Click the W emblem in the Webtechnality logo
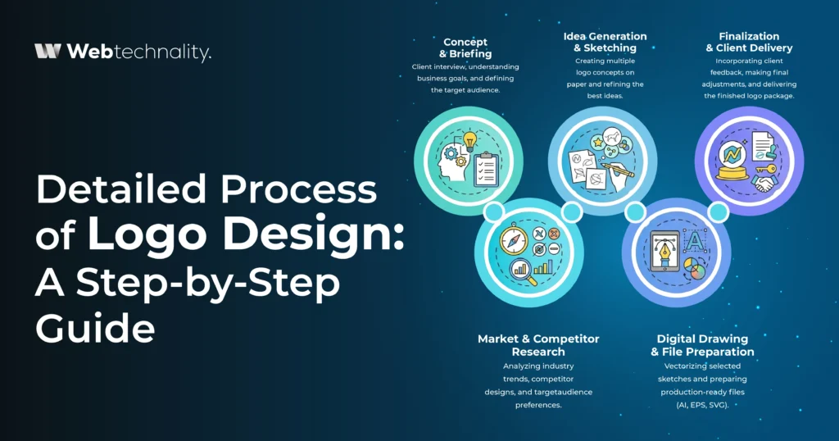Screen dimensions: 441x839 pyautogui.click(x=48, y=52)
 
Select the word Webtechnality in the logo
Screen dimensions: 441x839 pyautogui.click(x=138, y=52)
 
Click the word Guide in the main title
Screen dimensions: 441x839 pyautogui.click(x=95, y=328)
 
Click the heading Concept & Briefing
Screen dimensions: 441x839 pyautogui.click(x=465, y=48)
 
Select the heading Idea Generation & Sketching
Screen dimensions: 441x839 pyautogui.click(x=605, y=42)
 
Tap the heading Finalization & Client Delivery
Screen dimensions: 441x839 pyautogui.click(x=749, y=42)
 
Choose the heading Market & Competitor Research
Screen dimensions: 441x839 pyautogui.click(x=538, y=344)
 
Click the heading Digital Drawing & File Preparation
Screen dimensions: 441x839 pyautogui.click(x=702, y=344)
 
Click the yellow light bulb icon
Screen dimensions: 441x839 pyautogui.click(x=470, y=142)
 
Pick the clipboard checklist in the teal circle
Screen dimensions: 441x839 pyautogui.click(x=485, y=166)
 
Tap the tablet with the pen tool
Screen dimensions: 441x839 pyautogui.click(x=661, y=251)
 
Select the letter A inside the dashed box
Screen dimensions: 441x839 pyautogui.click(x=692, y=239)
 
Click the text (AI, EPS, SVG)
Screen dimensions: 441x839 pyautogui.click(x=701, y=404)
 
